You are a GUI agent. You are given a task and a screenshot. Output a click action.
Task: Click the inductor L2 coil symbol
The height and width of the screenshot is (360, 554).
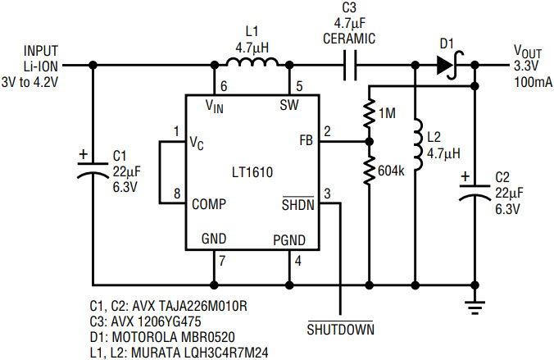tap(417, 147)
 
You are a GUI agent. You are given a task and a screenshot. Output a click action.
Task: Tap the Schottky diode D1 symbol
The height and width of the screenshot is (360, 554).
tap(447, 65)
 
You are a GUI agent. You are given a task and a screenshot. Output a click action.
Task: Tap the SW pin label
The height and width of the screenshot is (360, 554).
tap(289, 105)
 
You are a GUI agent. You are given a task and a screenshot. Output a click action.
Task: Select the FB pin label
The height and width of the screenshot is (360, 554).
tap(306, 141)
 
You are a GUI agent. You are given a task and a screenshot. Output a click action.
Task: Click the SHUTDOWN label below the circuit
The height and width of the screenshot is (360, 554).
tap(340, 330)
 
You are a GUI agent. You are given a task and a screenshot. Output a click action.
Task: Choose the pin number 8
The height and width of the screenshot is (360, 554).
tap(176, 195)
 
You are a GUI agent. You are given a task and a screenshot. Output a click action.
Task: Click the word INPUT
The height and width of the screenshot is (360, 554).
tap(41, 51)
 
